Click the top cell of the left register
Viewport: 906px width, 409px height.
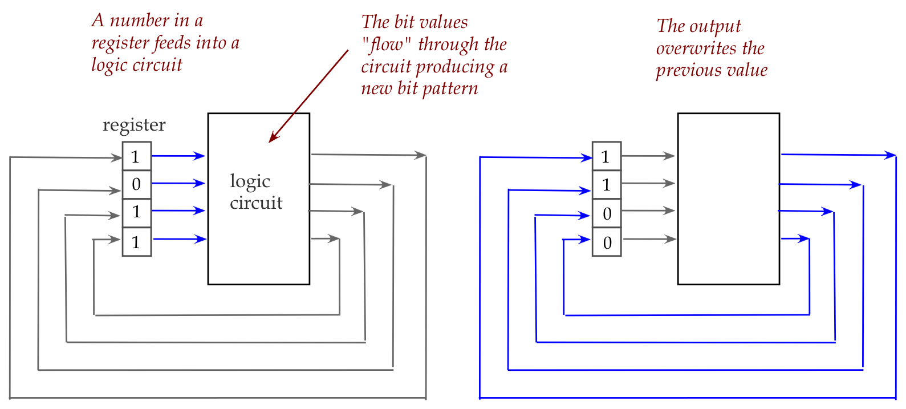137,156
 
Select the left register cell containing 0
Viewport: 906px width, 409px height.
137,184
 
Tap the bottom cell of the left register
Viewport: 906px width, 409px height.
137,242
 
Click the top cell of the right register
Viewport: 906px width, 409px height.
607,156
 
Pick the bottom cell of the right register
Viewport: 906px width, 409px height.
607,242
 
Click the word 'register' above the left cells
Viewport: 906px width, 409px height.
134,125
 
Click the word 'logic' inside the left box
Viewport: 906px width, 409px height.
250,181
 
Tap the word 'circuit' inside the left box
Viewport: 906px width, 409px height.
256,203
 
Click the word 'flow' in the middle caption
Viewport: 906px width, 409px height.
387,44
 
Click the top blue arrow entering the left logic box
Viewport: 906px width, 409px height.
178,156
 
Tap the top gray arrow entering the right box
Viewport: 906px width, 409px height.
648,156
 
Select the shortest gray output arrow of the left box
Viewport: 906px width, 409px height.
326,238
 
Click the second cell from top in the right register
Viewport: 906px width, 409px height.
607,184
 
